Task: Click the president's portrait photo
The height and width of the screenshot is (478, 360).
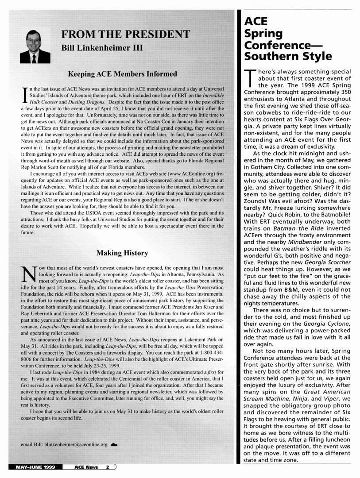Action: [35, 46]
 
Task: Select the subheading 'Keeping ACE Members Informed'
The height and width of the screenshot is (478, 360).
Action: [122, 74]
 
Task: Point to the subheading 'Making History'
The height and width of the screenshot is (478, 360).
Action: [122, 253]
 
